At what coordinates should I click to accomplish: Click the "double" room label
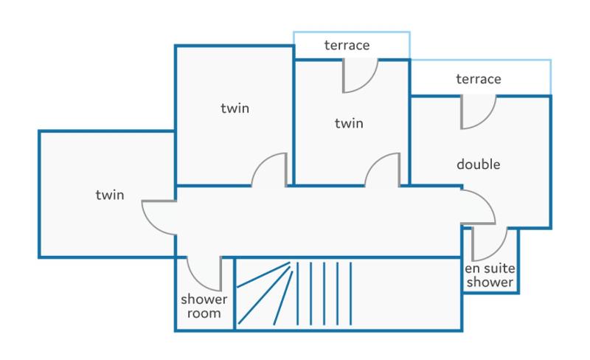point(478,165)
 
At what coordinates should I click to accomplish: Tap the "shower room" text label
point(204,306)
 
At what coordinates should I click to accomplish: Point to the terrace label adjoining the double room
point(478,79)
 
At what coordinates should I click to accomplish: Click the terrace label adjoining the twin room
point(347,45)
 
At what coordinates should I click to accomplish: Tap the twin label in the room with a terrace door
point(349,123)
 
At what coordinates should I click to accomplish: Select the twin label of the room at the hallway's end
point(109,195)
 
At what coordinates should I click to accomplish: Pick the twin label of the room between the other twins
point(235,108)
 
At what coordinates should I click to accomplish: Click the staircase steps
point(294,294)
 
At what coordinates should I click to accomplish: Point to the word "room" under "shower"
point(204,314)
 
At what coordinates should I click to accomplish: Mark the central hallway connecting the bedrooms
point(318,222)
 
